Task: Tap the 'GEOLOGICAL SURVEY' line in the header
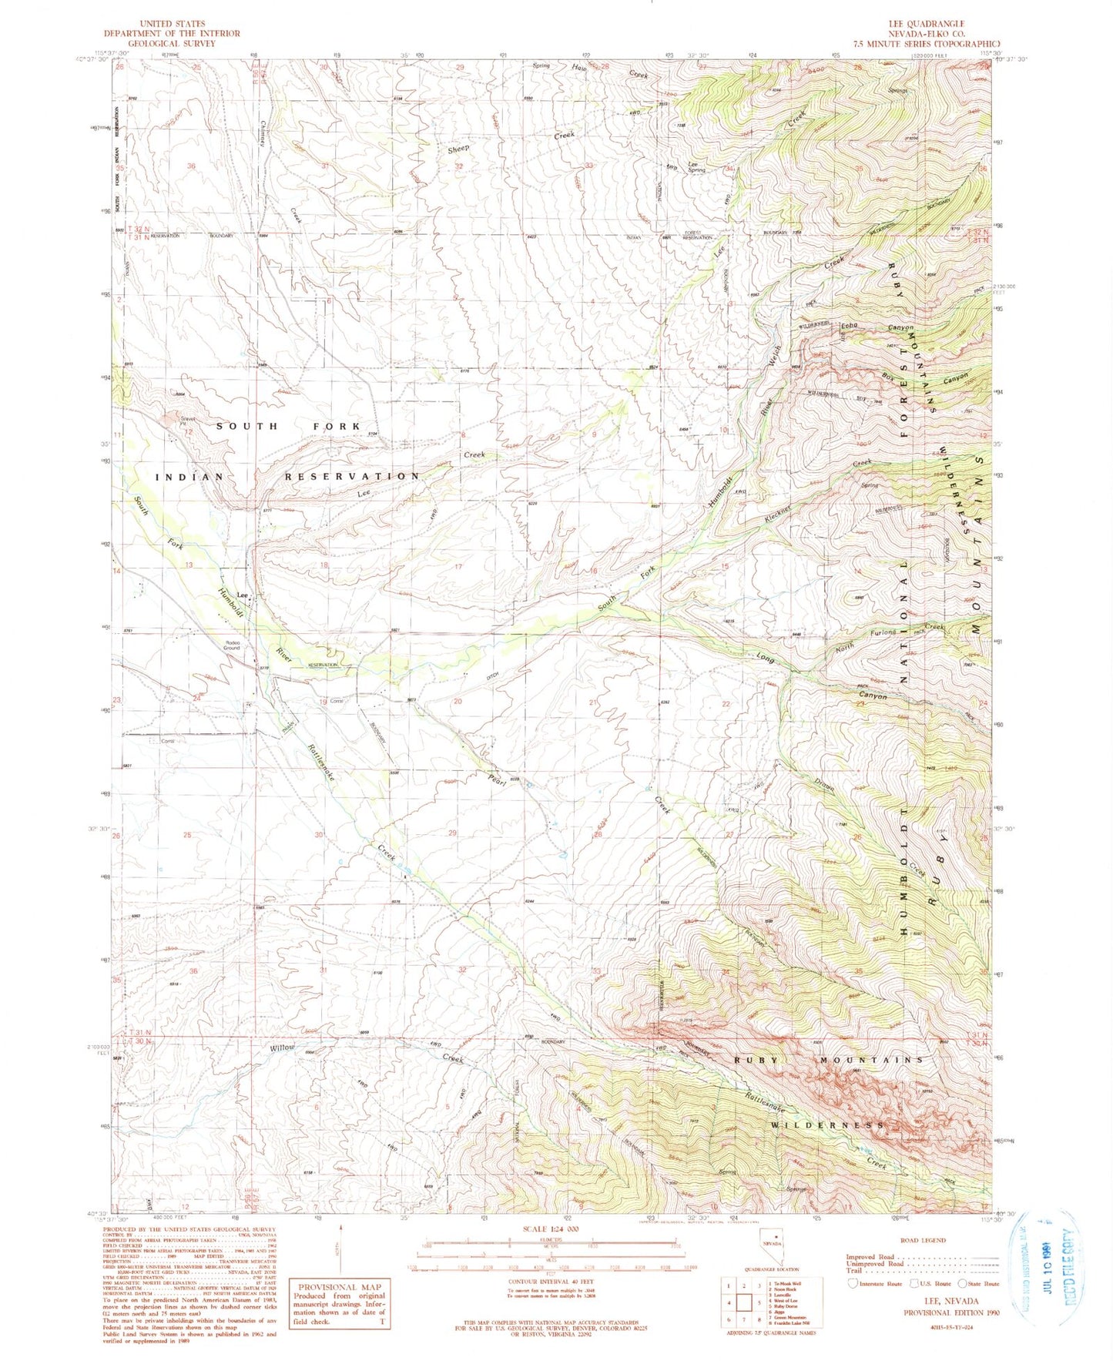172,44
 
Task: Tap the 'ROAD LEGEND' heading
945,1240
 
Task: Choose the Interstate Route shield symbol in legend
852,1283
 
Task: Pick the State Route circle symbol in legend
962,1283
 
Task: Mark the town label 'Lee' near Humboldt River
242,595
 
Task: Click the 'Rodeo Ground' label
232,645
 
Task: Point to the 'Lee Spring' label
696,166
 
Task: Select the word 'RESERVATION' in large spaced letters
352,476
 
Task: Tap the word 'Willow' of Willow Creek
282,1048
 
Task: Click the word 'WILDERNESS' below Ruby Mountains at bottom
827,1125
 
